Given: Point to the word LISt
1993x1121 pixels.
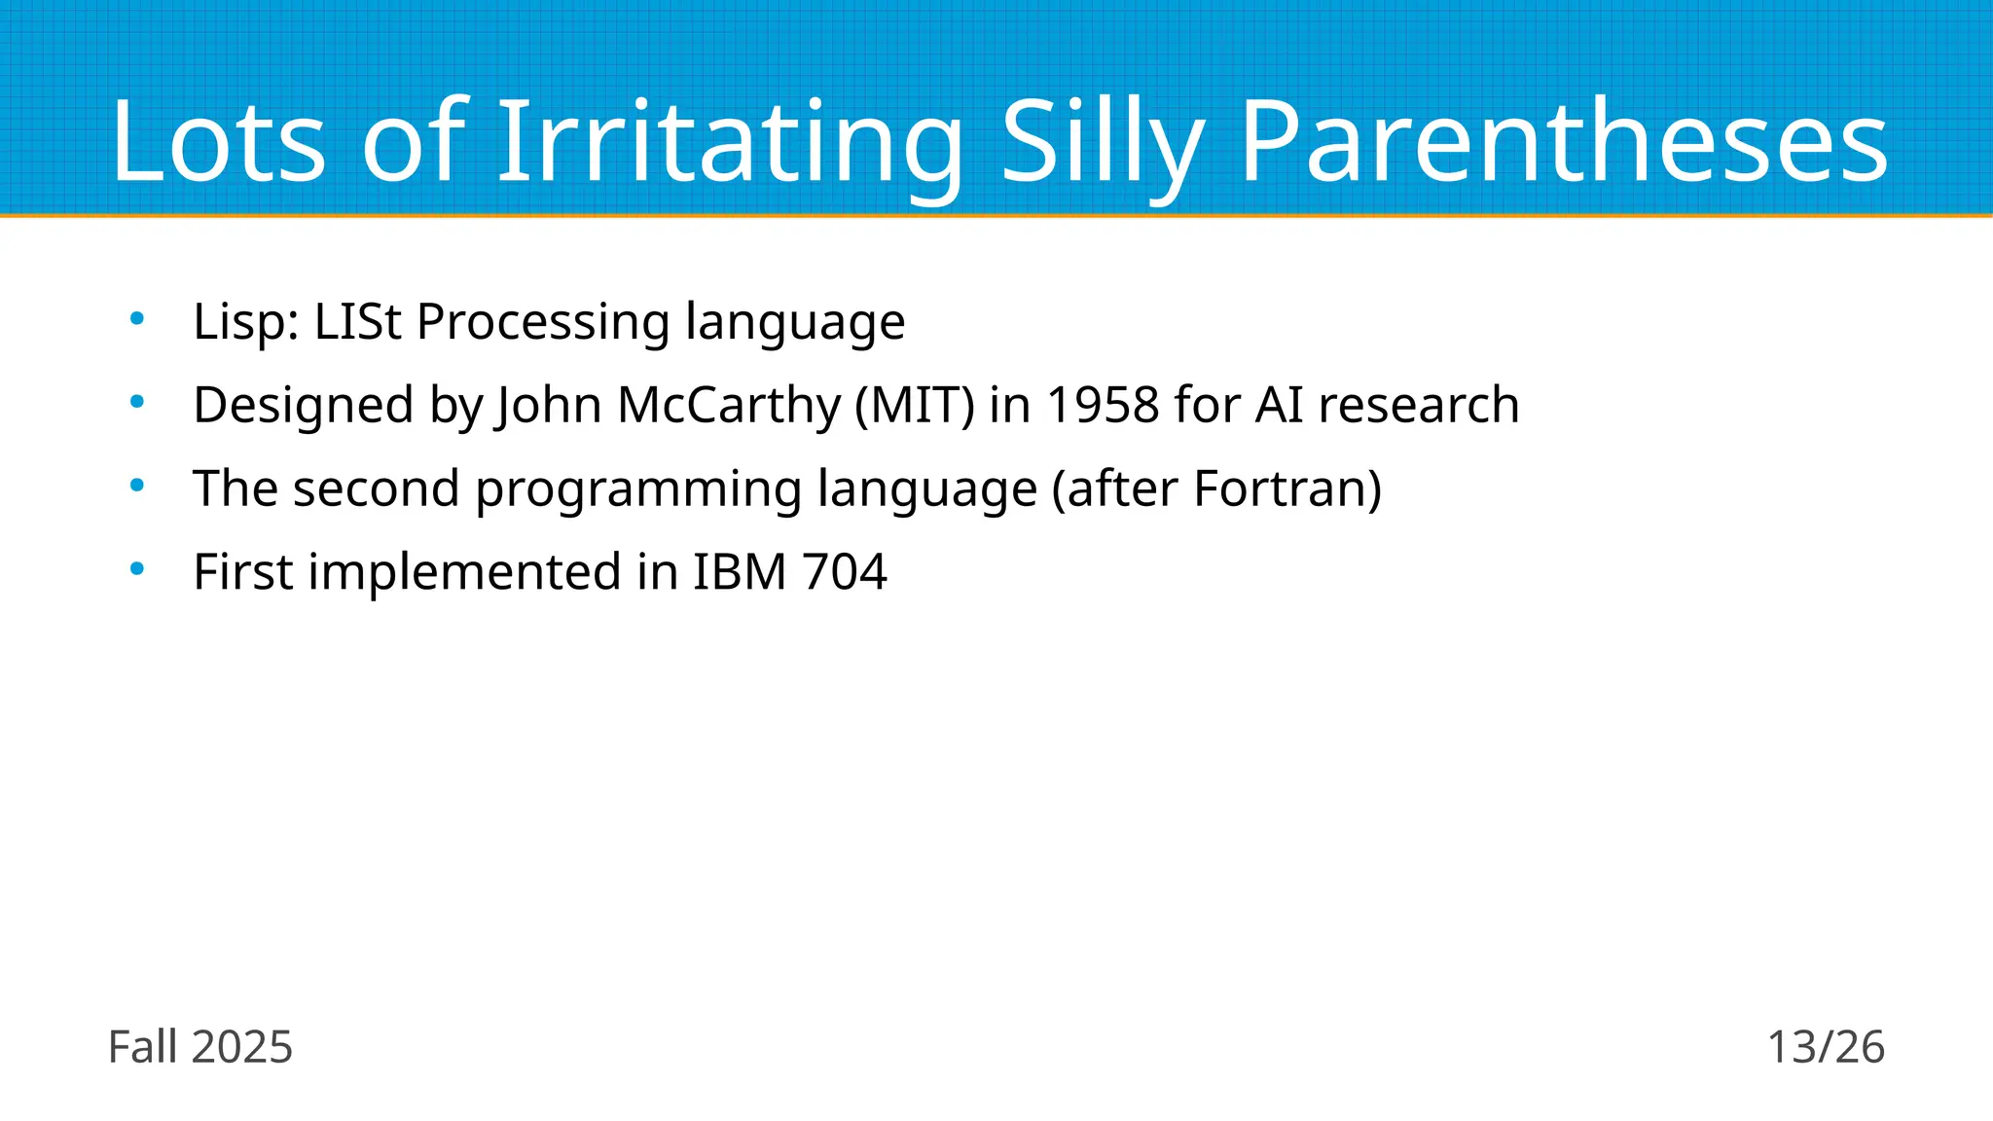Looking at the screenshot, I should point(357,321).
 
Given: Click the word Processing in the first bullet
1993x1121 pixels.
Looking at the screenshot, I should point(543,321).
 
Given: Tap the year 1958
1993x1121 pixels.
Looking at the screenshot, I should point(1103,405).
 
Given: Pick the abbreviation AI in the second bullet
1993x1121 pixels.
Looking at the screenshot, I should point(1279,405).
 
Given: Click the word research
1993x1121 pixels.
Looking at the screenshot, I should point(1419,405).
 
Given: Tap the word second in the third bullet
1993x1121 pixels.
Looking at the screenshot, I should point(377,488).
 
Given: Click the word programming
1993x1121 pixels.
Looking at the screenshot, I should point(638,488).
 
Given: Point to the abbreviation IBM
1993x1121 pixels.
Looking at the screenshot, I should point(740,572).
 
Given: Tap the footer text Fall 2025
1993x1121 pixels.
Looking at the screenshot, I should point(199,1047).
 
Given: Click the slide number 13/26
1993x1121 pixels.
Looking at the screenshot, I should point(1826,1047).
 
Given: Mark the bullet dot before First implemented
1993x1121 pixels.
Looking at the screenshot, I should point(137,568).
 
